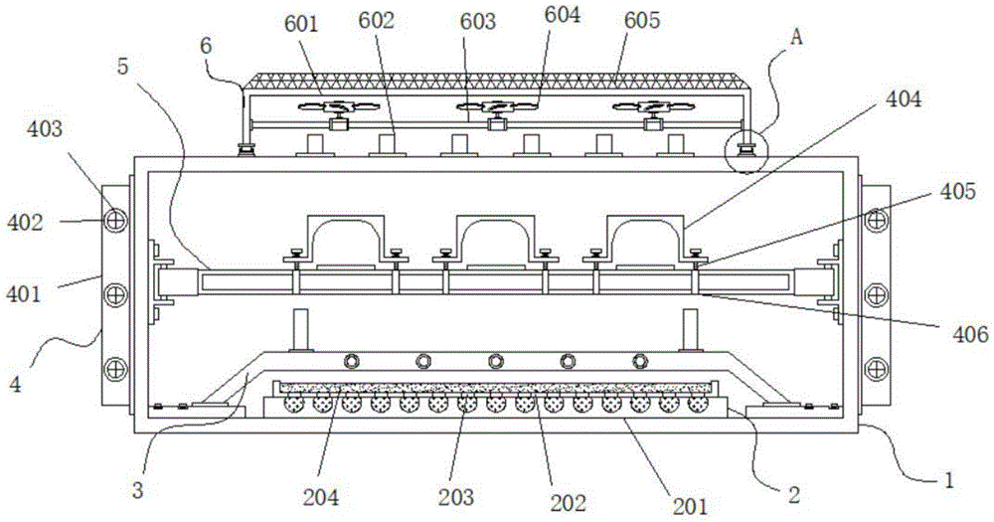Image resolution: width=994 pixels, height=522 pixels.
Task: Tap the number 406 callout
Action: coord(967,334)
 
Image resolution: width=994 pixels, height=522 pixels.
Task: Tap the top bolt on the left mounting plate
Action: coord(115,220)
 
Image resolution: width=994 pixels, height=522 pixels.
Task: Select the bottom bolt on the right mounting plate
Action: coord(876,367)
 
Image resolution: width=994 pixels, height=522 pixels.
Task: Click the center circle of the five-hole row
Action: coord(495,360)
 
